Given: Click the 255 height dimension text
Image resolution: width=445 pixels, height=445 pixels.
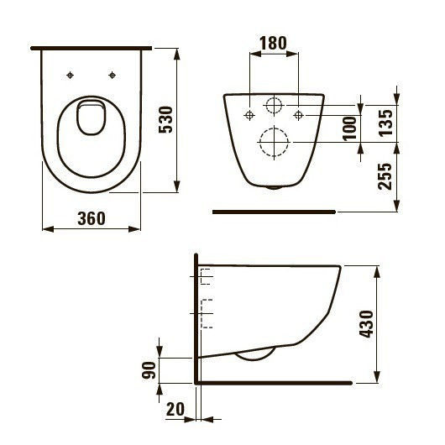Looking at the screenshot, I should tap(386, 176).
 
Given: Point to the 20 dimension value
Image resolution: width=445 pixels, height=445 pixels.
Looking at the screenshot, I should tap(175, 409).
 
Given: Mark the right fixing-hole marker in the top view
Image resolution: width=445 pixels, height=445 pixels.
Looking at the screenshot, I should tap(113, 76).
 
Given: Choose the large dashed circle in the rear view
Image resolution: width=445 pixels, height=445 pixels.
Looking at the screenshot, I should tap(274, 143).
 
